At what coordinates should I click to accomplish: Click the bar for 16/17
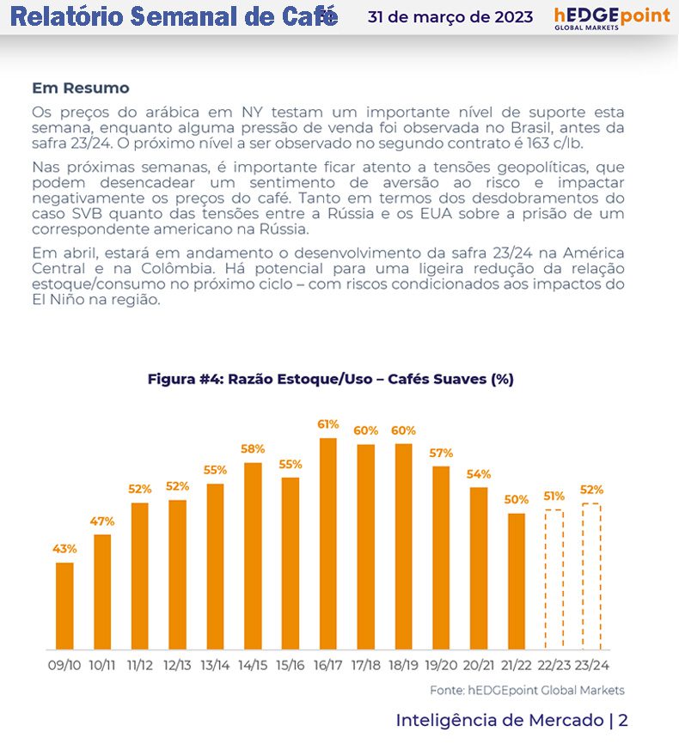click(x=327, y=543)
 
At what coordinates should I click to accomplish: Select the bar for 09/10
click(x=64, y=606)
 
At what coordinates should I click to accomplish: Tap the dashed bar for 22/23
click(x=554, y=579)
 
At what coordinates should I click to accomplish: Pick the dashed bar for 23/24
click(x=591, y=576)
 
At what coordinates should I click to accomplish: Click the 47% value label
click(x=102, y=521)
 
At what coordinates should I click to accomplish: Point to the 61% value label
click(x=327, y=424)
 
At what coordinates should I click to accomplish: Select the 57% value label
click(x=441, y=453)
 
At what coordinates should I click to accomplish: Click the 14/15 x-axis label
click(x=252, y=665)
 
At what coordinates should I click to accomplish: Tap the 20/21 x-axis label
click(x=479, y=665)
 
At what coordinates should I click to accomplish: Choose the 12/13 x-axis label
click(x=177, y=665)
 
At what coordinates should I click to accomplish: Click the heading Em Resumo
click(x=81, y=88)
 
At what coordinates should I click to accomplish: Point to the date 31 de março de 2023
click(x=450, y=17)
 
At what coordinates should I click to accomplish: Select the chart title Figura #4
click(x=330, y=379)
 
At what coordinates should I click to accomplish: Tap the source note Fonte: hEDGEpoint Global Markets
click(x=527, y=690)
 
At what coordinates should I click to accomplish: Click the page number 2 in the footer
click(x=623, y=720)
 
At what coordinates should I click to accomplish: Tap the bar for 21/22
click(x=516, y=581)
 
